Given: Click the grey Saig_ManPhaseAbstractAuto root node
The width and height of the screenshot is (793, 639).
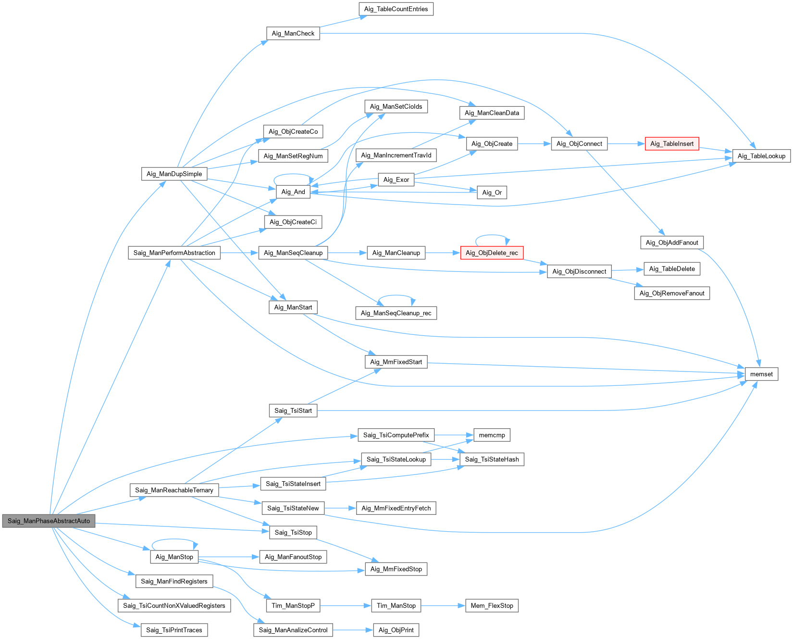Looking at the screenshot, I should pos(49,521).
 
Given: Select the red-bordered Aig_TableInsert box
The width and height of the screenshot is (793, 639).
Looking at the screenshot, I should pos(671,143).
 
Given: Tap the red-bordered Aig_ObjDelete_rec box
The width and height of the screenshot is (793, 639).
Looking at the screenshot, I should pos(492,253).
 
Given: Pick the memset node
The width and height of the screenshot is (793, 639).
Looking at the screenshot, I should pos(761,374).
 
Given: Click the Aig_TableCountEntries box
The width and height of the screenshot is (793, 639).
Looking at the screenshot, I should pos(396,9).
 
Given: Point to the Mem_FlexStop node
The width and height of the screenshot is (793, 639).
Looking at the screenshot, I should pos(492,605).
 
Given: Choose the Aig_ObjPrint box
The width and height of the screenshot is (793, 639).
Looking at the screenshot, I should pos(396,630).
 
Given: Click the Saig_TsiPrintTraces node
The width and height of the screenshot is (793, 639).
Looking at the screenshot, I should pos(174,630).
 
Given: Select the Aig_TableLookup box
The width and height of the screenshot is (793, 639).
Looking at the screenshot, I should pos(761,156).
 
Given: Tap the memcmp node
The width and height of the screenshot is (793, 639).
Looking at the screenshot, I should pos(492,435).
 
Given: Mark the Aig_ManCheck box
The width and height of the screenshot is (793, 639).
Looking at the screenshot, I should pos(293,33).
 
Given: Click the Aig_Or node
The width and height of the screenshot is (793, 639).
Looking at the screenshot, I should pos(492,192).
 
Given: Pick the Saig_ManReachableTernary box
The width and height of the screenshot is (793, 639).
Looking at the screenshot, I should pos(174,490).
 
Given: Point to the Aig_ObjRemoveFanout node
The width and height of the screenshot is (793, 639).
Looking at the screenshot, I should pos(672,293).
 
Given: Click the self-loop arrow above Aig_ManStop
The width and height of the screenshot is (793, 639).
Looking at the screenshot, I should pos(174,540).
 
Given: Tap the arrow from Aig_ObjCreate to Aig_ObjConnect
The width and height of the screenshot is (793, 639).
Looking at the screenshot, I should pos(534,143).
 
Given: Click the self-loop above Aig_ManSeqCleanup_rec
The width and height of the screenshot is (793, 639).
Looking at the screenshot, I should pos(396,295).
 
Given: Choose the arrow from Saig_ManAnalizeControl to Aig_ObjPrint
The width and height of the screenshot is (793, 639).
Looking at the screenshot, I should pos(353,630).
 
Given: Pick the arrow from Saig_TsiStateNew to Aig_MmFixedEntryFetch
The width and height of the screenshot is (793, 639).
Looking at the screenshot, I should pos(340,508).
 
